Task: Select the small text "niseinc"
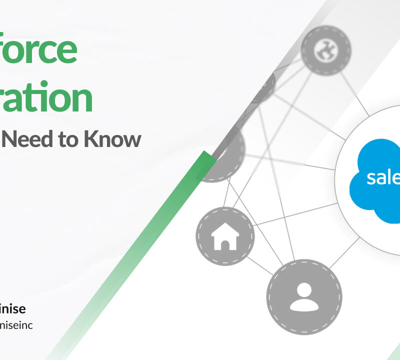17,325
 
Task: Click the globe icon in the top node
326,49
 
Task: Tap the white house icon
225,236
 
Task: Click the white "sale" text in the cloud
383,177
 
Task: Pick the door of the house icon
225,243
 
